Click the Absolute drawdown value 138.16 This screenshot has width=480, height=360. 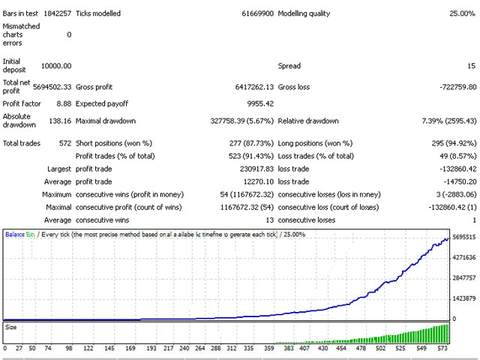tap(59, 121)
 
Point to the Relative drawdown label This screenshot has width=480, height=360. tap(308, 121)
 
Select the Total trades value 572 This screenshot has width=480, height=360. tap(64, 142)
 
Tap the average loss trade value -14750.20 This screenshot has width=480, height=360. tap(453, 182)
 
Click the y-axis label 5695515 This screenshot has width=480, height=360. tap(463, 237)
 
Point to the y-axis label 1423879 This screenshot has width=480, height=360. tap(463, 298)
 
